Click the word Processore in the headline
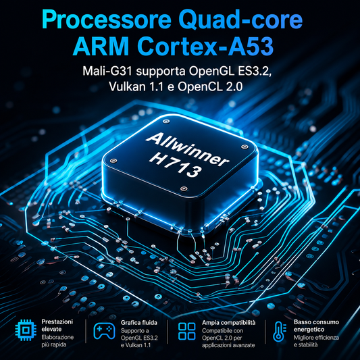pyautogui.click(x=106, y=20)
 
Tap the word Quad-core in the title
pyautogui.click(x=240, y=20)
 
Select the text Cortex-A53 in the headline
pyautogui.click(x=205, y=47)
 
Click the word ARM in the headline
pyautogui.click(x=101, y=47)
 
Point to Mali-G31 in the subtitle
pyautogui.click(x=107, y=71)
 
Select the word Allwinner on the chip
pyautogui.click(x=188, y=149)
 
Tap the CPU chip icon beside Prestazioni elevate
pyautogui.click(x=26, y=330)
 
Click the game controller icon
pyautogui.click(x=104, y=331)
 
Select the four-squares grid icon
pyautogui.click(x=187, y=332)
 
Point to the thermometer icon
pyautogui.click(x=279, y=332)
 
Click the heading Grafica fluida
pyautogui.click(x=139, y=323)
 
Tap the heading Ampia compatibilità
pyautogui.click(x=229, y=323)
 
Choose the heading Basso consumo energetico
pyautogui.click(x=316, y=326)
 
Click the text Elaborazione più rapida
pyautogui.click(x=57, y=340)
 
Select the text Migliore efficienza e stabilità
pyautogui.click(x=316, y=341)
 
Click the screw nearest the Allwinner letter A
pyautogui.click(x=165, y=121)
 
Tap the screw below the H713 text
pyautogui.click(x=184, y=188)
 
